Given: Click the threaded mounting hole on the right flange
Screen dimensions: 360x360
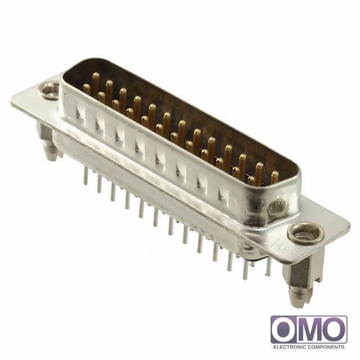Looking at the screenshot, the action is pyautogui.click(x=306, y=233).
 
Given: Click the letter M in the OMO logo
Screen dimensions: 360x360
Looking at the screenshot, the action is pyautogui.click(x=309, y=330).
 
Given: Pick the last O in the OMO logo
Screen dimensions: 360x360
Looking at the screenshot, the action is pyautogui.click(x=333, y=330).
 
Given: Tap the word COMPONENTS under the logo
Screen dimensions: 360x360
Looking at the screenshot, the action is pyautogui.click(x=325, y=347).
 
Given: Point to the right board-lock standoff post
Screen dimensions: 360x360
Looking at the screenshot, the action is pyautogui.click(x=299, y=283).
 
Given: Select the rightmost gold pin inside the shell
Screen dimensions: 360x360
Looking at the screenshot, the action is pyautogui.click(x=274, y=177).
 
